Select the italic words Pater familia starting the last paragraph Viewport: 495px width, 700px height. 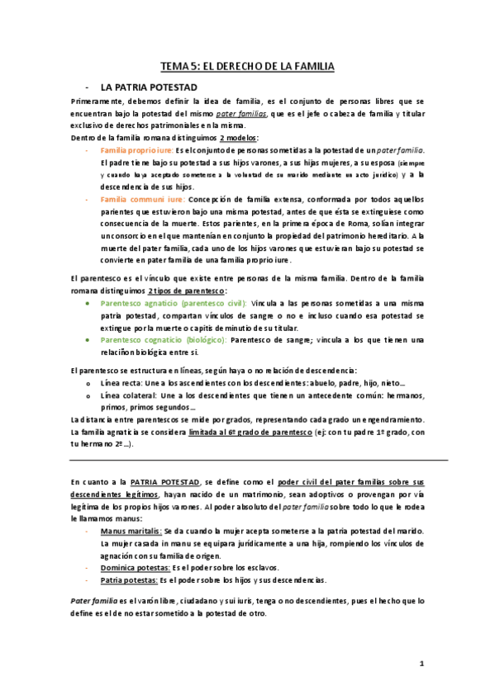94,601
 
